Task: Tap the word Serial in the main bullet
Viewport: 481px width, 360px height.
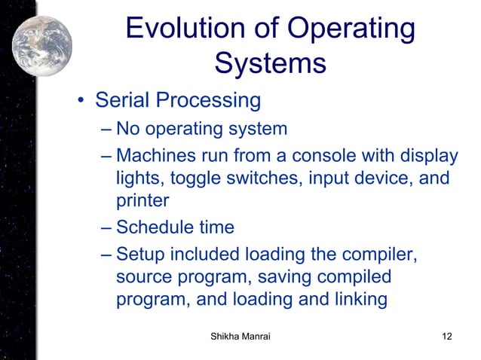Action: click(124, 100)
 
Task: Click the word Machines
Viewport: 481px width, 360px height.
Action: click(154, 156)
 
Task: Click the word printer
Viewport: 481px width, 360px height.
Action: click(142, 203)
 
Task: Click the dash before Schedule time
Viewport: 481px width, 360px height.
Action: click(106, 227)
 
